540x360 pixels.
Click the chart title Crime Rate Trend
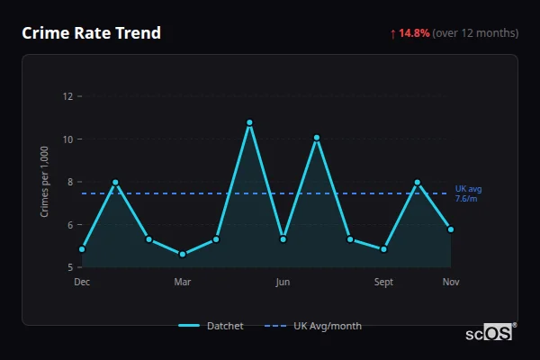click(91, 33)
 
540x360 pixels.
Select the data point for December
click(82, 248)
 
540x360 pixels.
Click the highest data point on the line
click(249, 122)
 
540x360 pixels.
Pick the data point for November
click(451, 229)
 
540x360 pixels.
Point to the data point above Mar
click(183, 255)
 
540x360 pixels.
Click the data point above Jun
click(283, 239)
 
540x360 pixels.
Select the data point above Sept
click(384, 249)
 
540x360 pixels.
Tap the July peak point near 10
click(317, 138)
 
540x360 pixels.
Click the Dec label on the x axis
click(82, 283)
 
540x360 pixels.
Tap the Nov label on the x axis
click(451, 283)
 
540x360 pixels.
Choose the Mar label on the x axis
click(183, 283)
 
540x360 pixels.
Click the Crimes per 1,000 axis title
click(45, 182)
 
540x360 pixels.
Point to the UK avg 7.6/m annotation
click(468, 193)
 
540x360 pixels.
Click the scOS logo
click(489, 332)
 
